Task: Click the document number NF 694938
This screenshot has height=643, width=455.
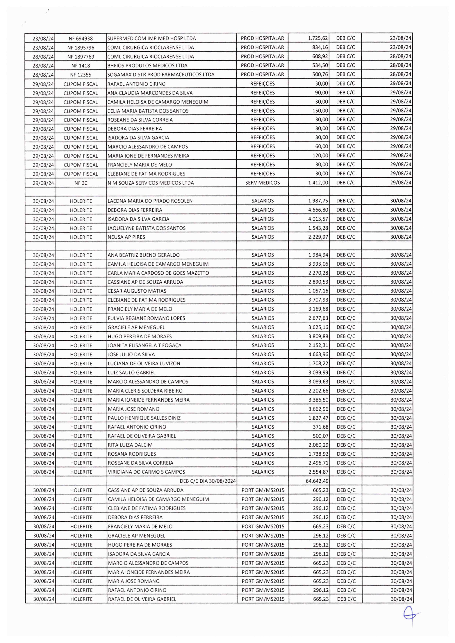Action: [x=81, y=38]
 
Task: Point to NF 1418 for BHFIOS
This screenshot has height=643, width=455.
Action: [x=81, y=66]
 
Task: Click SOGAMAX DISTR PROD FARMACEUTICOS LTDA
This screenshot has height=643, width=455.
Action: [x=161, y=74]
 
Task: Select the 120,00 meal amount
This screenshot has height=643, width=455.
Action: [x=320, y=156]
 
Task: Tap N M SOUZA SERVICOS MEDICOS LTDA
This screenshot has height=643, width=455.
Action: [x=151, y=183]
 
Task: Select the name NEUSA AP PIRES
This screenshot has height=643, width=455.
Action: [x=126, y=237]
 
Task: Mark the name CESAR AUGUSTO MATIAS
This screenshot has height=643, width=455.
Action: [x=137, y=291]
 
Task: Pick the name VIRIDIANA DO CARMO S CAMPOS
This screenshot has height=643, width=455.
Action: [x=147, y=472]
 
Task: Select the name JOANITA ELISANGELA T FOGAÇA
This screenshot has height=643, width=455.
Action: [x=144, y=345]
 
